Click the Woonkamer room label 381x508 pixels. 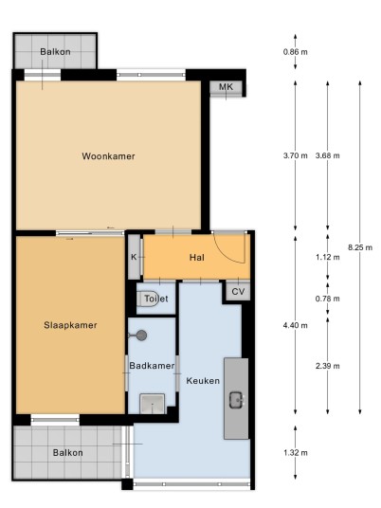click(x=108, y=156)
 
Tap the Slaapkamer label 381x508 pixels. click(x=70, y=325)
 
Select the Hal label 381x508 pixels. click(x=196, y=258)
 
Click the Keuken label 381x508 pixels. click(x=203, y=381)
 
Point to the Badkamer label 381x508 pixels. click(x=152, y=366)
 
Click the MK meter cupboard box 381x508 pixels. click(x=226, y=87)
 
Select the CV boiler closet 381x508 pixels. click(x=238, y=292)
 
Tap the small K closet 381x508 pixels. click(x=134, y=257)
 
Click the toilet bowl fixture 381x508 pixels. click(x=148, y=299)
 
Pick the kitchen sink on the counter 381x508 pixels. click(x=237, y=400)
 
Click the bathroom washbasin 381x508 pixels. click(x=152, y=404)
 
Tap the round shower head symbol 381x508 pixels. click(x=141, y=336)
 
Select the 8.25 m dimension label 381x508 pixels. click(x=360, y=247)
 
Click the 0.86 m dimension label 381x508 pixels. click(x=295, y=52)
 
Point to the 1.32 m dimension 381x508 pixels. click(x=295, y=453)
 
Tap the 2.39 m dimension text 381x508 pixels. click(x=328, y=366)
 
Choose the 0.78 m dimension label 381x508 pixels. click(x=328, y=299)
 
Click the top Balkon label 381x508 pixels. click(x=55, y=52)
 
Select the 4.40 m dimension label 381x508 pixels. click(x=295, y=325)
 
